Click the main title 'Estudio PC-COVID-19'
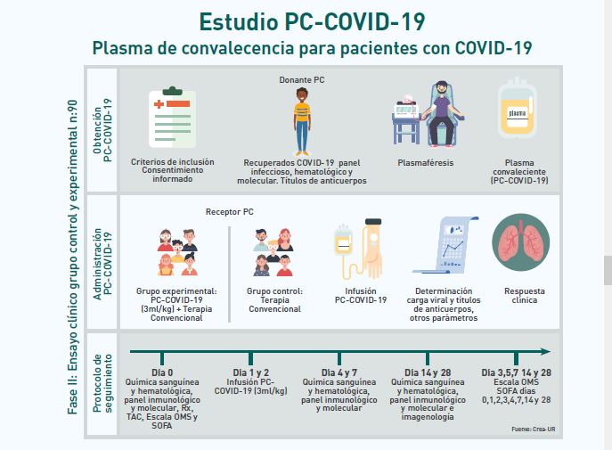[x=312, y=19]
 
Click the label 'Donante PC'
[x=301, y=79]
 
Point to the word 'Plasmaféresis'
[x=425, y=163]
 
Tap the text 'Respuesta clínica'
[x=525, y=296]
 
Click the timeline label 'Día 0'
[x=161, y=372]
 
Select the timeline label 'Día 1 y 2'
[x=251, y=372]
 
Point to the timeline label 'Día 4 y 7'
[x=343, y=372]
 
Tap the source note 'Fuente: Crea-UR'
[x=534, y=429]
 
